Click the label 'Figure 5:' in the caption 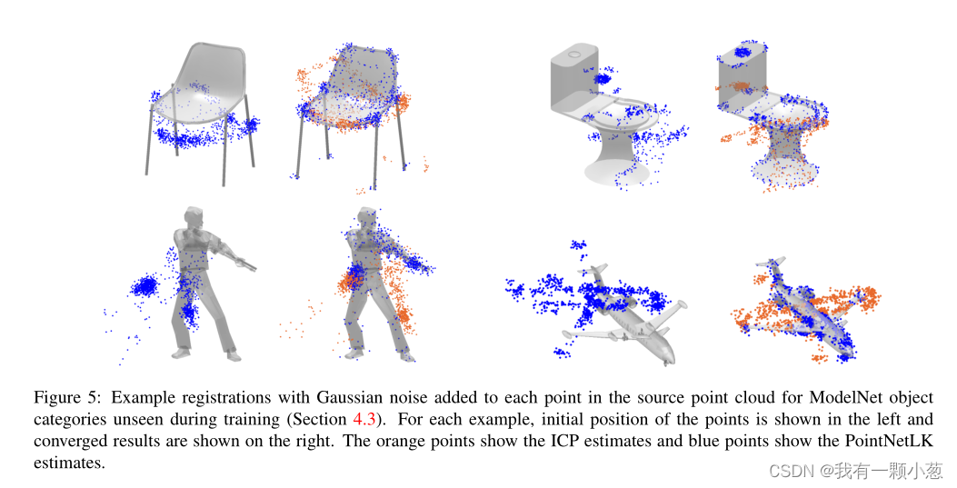(65, 398)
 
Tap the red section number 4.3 (362, 420)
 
